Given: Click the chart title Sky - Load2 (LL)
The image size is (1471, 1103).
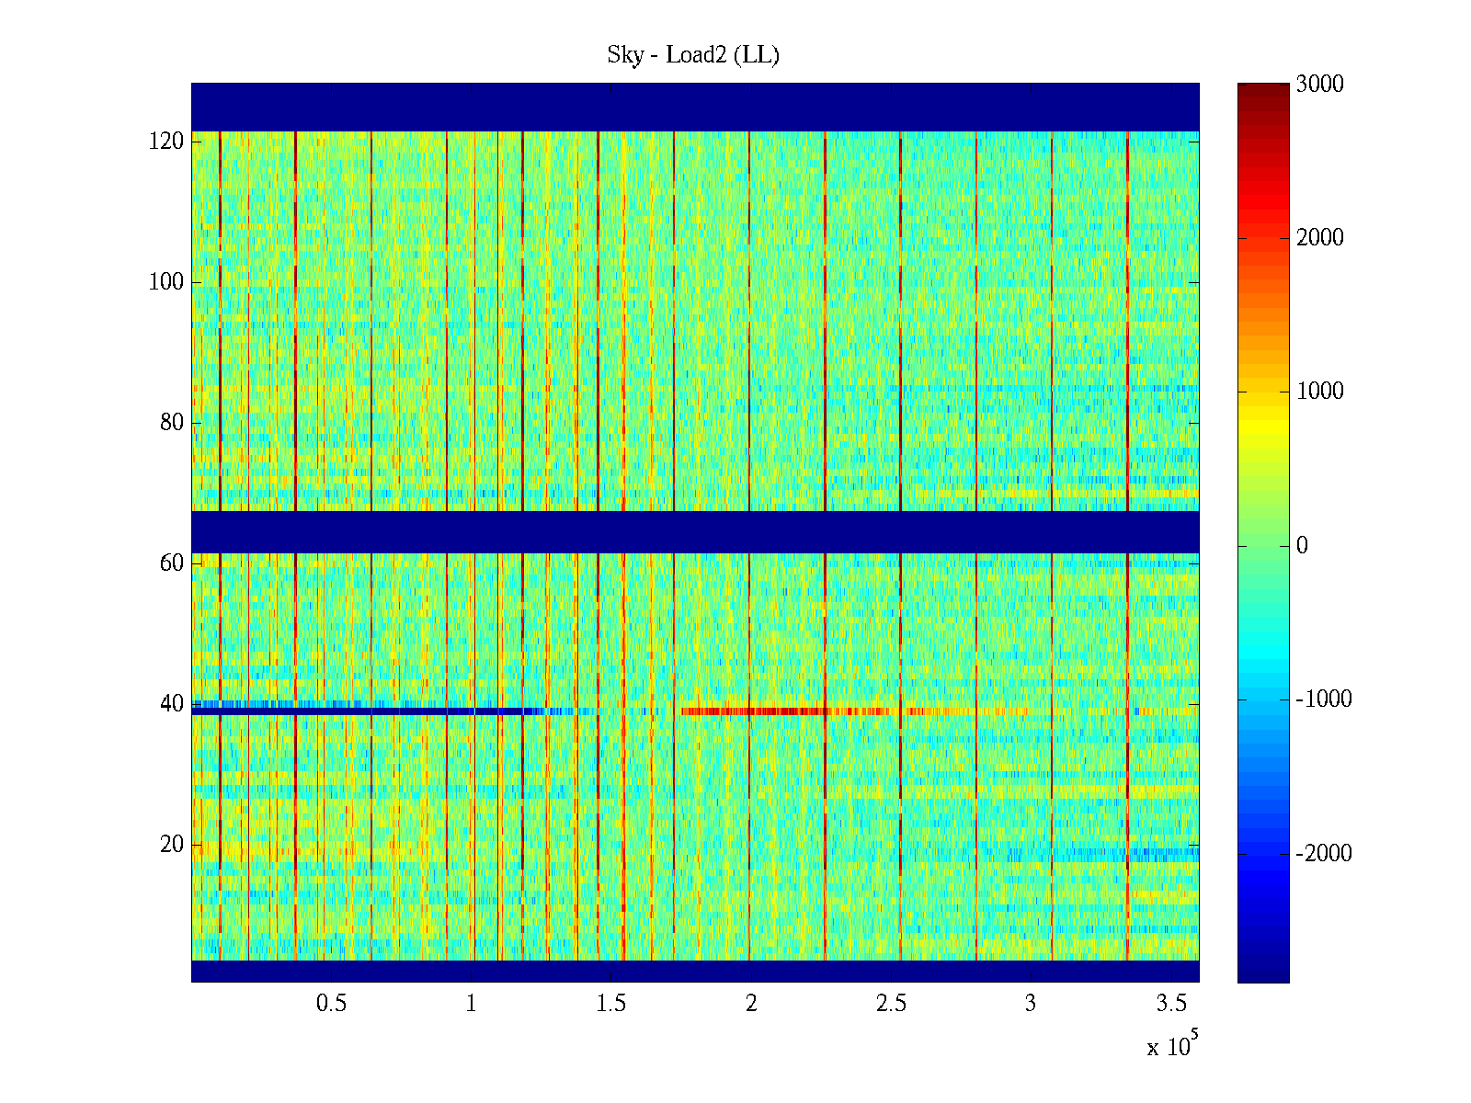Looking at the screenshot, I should point(693,55).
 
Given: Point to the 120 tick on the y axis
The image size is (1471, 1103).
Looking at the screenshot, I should point(166,142).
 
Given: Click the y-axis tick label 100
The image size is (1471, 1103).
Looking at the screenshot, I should point(166,282).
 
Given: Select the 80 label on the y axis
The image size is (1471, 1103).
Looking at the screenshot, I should point(172,423).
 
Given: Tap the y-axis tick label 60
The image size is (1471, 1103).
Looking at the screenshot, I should point(172,563).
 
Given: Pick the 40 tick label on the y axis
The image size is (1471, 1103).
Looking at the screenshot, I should point(172,704).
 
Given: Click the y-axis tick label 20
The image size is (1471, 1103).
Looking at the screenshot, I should point(172,845).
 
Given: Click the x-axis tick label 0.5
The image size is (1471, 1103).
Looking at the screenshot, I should point(331,1004).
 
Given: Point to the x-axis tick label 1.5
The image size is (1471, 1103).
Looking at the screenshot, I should point(611,1004).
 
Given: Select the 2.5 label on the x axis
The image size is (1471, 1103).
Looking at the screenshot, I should point(891,1004).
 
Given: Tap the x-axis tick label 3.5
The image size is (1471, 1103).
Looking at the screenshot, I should point(1171,1004).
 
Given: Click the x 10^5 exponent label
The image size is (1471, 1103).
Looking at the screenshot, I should point(1172,1046).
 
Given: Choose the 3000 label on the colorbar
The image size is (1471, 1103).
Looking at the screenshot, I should point(1319,85).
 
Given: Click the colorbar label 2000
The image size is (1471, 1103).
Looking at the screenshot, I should point(1319,238).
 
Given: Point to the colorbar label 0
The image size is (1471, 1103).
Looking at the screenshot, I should point(1302,546).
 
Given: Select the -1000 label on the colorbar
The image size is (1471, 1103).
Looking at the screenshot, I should point(1324,699).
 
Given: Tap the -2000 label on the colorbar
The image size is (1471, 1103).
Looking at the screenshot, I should point(1324,854).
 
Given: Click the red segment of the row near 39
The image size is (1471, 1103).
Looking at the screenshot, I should point(754,711).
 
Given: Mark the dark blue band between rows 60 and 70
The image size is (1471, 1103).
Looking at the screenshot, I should point(695,531).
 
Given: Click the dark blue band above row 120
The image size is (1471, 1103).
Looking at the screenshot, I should point(695,107).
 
